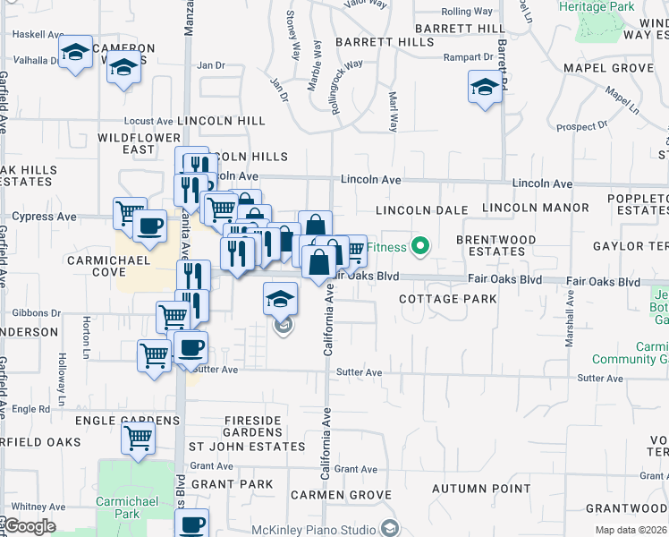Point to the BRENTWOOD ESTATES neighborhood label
495,245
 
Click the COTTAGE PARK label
447,299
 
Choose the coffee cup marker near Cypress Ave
149,226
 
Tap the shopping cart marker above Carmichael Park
139,439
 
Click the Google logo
29,527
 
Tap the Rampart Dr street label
468,57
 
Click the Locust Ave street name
148,121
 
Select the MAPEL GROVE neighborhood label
608,68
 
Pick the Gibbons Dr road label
37,313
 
